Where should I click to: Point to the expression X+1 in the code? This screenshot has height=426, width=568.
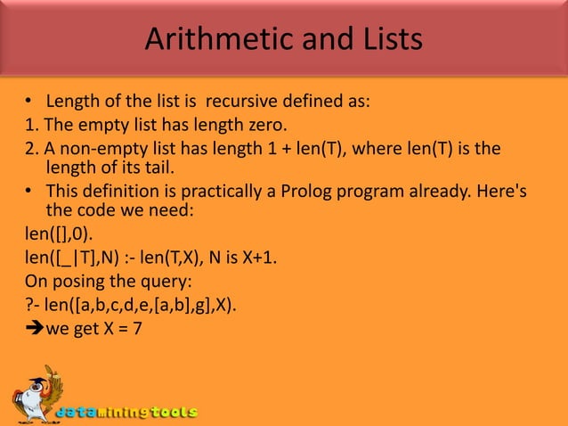click(256, 261)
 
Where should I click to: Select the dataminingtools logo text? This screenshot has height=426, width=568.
click(127, 413)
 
